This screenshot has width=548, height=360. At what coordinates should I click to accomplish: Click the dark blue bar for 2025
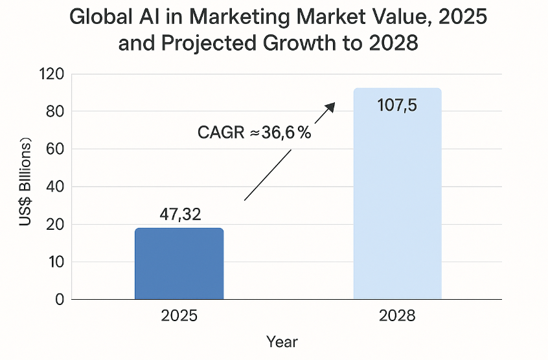click(179, 264)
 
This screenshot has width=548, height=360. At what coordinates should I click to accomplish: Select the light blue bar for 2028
click(397, 194)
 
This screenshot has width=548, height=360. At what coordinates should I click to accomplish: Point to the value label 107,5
click(397, 105)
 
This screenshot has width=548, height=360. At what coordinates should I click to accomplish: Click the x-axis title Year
click(282, 341)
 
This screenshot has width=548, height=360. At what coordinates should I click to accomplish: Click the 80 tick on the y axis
click(54, 111)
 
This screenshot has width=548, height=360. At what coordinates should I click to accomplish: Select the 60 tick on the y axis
click(54, 149)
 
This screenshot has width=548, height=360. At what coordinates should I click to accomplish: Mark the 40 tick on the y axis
click(54, 186)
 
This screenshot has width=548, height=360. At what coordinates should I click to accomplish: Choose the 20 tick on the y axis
click(54, 224)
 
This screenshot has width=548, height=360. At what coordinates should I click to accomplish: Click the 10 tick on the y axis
click(54, 262)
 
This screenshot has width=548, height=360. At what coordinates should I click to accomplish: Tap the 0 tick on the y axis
click(59, 299)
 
